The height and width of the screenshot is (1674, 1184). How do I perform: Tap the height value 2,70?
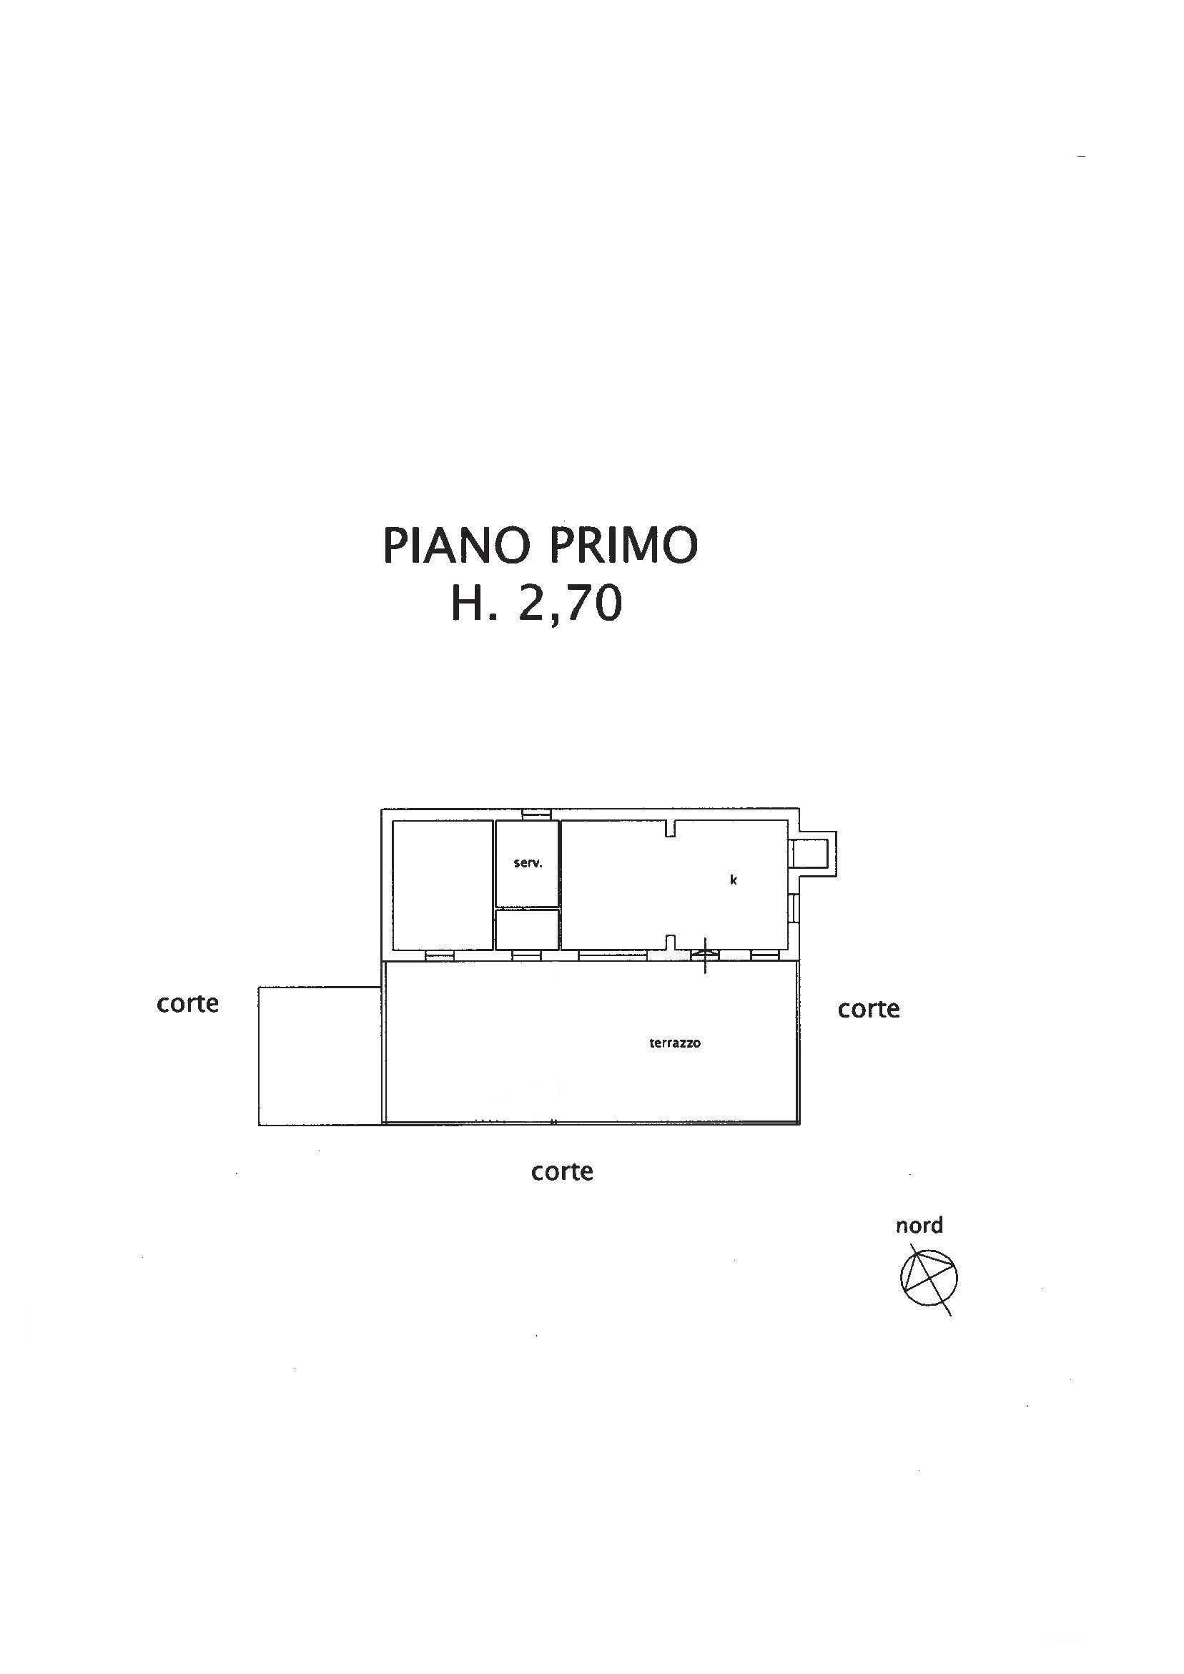[569, 604]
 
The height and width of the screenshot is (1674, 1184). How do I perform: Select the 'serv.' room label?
[527, 863]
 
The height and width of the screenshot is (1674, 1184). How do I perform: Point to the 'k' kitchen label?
[734, 880]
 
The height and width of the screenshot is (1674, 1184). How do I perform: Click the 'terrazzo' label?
[674, 1043]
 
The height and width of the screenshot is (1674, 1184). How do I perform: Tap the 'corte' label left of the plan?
[187, 1003]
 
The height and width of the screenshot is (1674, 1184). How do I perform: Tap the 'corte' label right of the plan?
[868, 1008]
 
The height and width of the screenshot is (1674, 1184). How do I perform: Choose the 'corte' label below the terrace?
[561, 1171]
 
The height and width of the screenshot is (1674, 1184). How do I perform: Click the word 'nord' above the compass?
[919, 1225]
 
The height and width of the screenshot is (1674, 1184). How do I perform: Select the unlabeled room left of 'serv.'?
[443, 885]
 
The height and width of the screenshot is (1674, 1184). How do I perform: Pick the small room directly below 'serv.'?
[527, 929]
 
